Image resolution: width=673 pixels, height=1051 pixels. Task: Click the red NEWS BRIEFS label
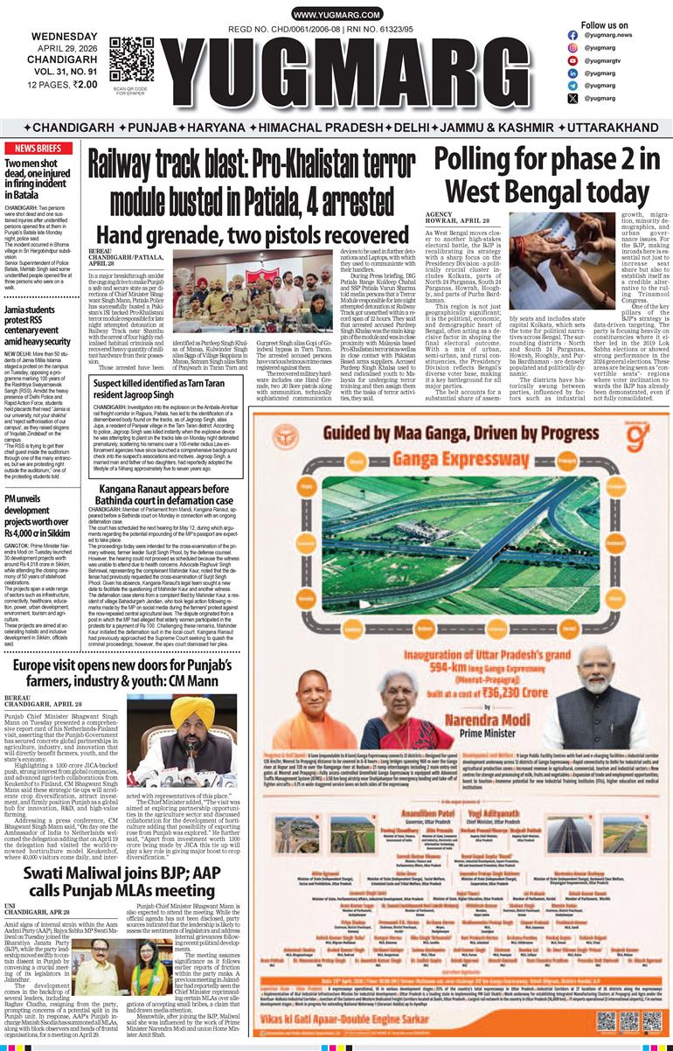(38, 149)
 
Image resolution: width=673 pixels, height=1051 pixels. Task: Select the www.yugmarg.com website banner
(336, 16)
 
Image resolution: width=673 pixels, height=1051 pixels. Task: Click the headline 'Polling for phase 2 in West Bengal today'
(547, 175)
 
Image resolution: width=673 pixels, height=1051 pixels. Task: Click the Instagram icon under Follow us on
(572, 47)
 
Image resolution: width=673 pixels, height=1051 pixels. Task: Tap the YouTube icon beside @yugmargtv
(572, 60)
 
